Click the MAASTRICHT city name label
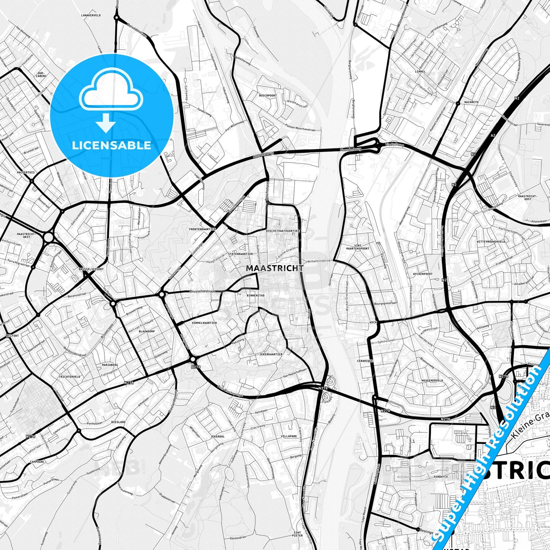274,268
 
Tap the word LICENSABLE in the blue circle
112,145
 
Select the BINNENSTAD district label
255,295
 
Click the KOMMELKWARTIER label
204,323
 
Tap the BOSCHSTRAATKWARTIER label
283,231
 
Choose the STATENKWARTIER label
240,253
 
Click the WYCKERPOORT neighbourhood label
422,274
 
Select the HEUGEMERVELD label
432,381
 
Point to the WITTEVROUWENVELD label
491,242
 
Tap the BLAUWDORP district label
147,332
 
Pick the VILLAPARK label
289,436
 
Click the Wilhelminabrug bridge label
319,261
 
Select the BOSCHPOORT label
267,95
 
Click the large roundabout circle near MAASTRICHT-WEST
48,238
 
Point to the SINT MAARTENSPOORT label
361,247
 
